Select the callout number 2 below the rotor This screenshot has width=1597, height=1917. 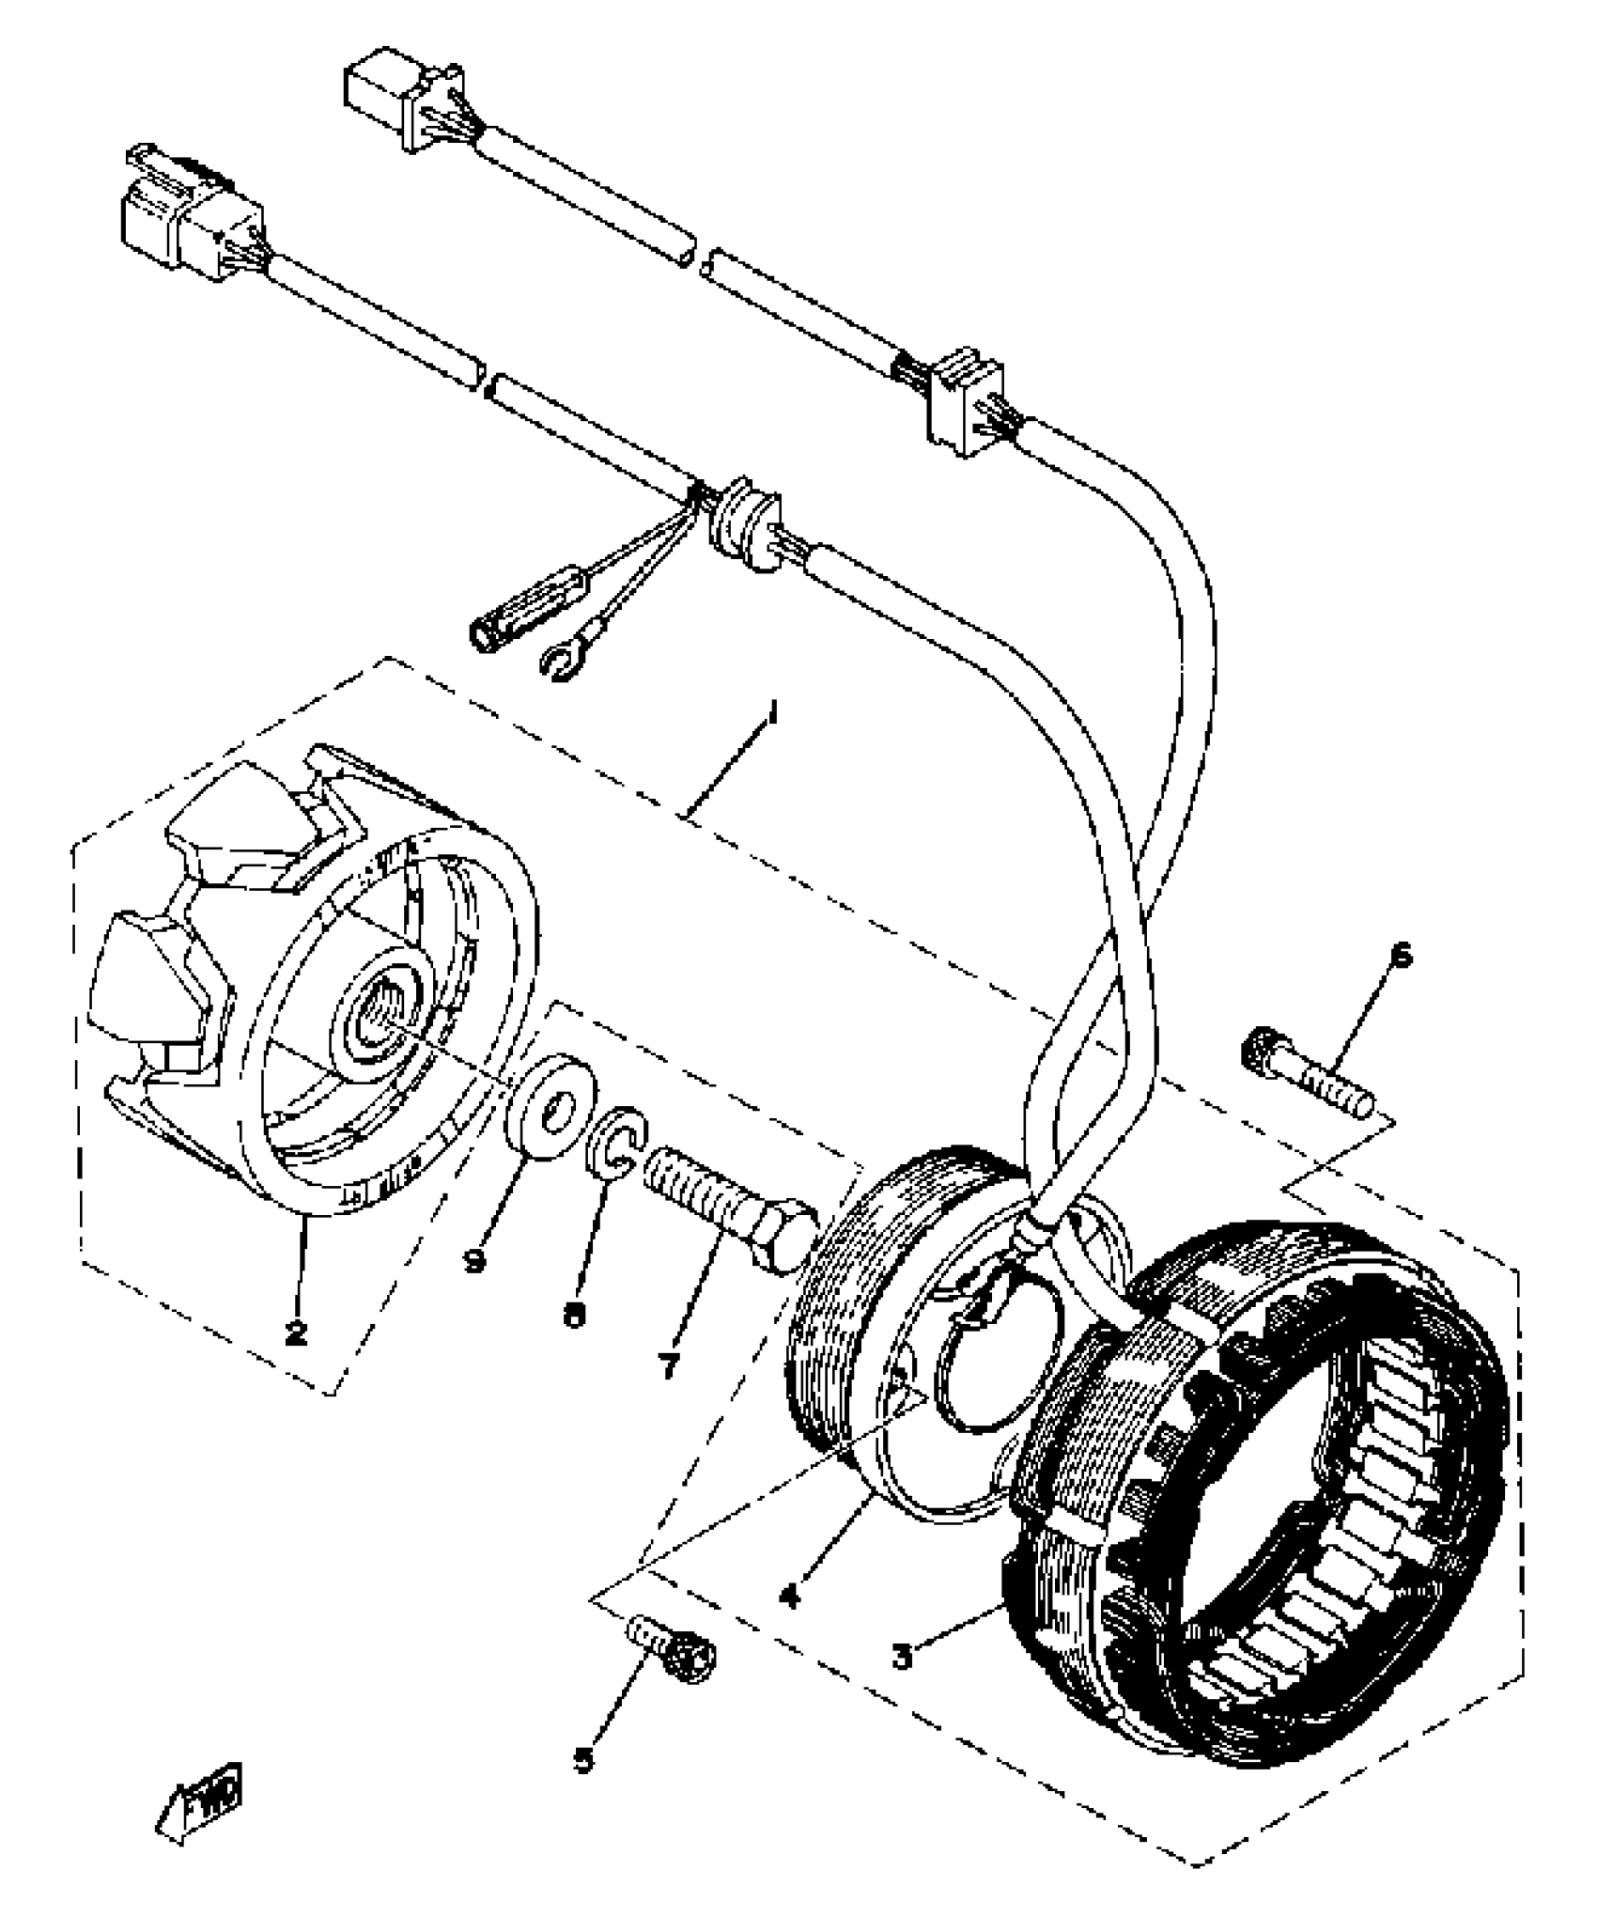297,1332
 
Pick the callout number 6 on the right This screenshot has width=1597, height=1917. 1401,956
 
